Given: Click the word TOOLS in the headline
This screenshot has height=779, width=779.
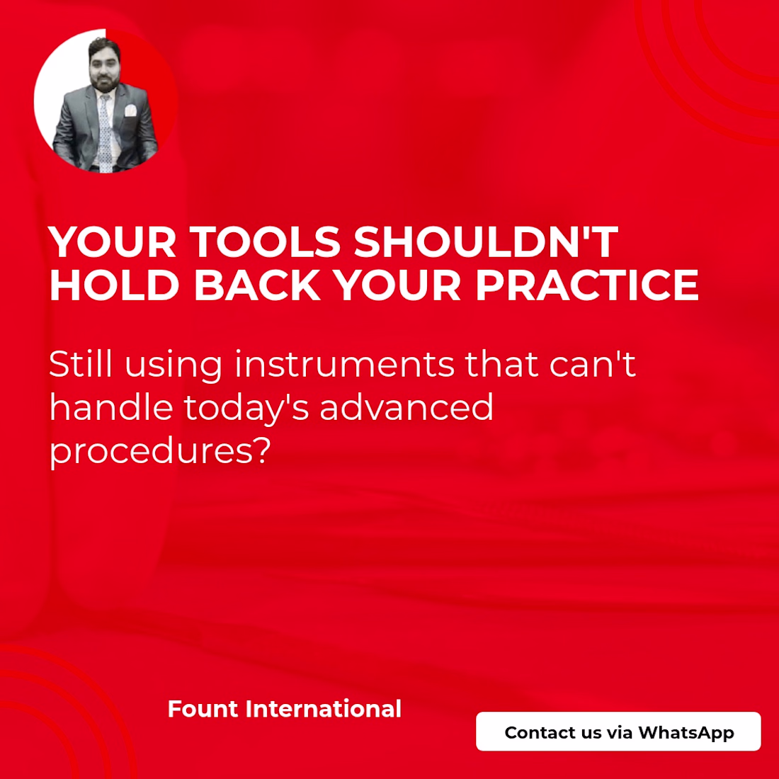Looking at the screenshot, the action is [265, 242].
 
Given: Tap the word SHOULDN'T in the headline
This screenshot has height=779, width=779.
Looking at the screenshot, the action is [486, 242].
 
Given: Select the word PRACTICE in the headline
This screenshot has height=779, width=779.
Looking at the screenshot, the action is [587, 285].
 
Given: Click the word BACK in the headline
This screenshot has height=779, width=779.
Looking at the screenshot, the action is [257, 285].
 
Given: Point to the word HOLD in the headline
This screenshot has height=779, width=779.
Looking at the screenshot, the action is [114, 285].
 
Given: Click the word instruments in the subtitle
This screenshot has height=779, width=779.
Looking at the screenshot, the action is [344, 364].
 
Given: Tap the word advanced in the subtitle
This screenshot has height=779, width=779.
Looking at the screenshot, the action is [406, 407].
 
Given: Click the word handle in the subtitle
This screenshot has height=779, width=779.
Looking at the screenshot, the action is [111, 407].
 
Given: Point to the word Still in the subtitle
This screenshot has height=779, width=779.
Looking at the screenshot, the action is [81, 364].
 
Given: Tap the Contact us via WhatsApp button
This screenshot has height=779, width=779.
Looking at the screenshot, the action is [618, 732].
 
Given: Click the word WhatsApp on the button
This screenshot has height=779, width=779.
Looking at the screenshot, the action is [686, 733].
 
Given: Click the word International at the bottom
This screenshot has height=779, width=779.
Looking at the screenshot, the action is [324, 709].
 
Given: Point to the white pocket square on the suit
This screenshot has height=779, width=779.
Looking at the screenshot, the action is [130, 110].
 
